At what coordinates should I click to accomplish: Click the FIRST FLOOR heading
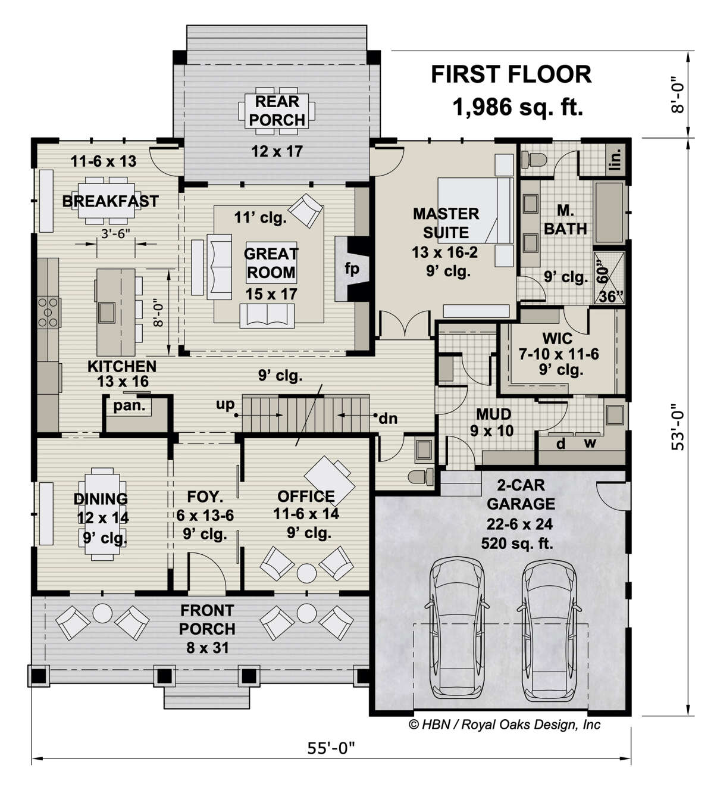[511, 74]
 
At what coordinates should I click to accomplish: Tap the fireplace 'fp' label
[352, 269]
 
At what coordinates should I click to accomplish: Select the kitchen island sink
[107, 313]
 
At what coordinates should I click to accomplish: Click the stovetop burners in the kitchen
[48, 312]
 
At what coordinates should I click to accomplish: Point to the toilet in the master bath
[534, 159]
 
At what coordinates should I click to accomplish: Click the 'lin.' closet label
[616, 159]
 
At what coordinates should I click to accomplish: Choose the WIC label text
[558, 338]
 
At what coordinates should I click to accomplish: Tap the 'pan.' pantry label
[129, 406]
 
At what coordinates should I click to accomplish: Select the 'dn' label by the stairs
[388, 419]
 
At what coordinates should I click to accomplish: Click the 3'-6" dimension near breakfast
[115, 234]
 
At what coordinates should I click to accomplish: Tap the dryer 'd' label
[561, 444]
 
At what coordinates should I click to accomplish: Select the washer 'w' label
[590, 443]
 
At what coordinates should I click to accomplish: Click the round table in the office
[306, 573]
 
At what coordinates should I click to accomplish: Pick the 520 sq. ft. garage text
[517, 544]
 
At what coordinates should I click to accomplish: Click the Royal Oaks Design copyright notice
[505, 725]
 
